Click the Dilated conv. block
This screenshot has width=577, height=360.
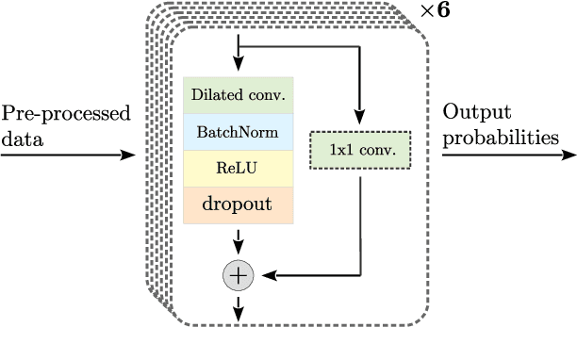pyautogui.click(x=239, y=94)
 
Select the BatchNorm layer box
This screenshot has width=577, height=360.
pyautogui.click(x=239, y=132)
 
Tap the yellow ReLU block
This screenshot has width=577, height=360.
pyautogui.click(x=239, y=168)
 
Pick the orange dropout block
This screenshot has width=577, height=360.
pyautogui.click(x=239, y=205)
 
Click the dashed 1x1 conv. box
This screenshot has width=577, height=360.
pyautogui.click(x=361, y=150)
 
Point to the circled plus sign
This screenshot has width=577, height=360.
pyautogui.click(x=238, y=274)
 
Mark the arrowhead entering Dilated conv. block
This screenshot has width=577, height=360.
pyautogui.click(x=238, y=68)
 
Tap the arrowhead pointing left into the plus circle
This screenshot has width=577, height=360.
pyautogui.click(x=265, y=275)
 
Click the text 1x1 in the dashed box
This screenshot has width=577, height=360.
pyautogui.click(x=338, y=150)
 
